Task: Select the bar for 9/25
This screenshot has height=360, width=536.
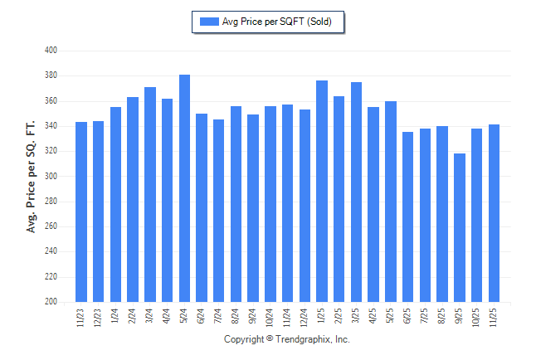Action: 460,227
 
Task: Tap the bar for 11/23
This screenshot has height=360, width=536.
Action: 81,212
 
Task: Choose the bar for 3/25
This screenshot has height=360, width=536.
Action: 356,192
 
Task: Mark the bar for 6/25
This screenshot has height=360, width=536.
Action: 407,216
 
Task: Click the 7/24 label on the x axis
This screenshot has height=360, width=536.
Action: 219,317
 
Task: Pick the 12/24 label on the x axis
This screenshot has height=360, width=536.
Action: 305,319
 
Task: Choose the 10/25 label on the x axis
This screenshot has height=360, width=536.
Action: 477,319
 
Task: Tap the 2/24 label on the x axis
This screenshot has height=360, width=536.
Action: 133,317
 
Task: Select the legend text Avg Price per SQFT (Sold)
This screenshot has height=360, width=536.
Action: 277,22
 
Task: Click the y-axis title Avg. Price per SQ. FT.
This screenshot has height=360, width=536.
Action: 32,176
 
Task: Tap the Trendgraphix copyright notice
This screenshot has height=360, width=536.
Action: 287,340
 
